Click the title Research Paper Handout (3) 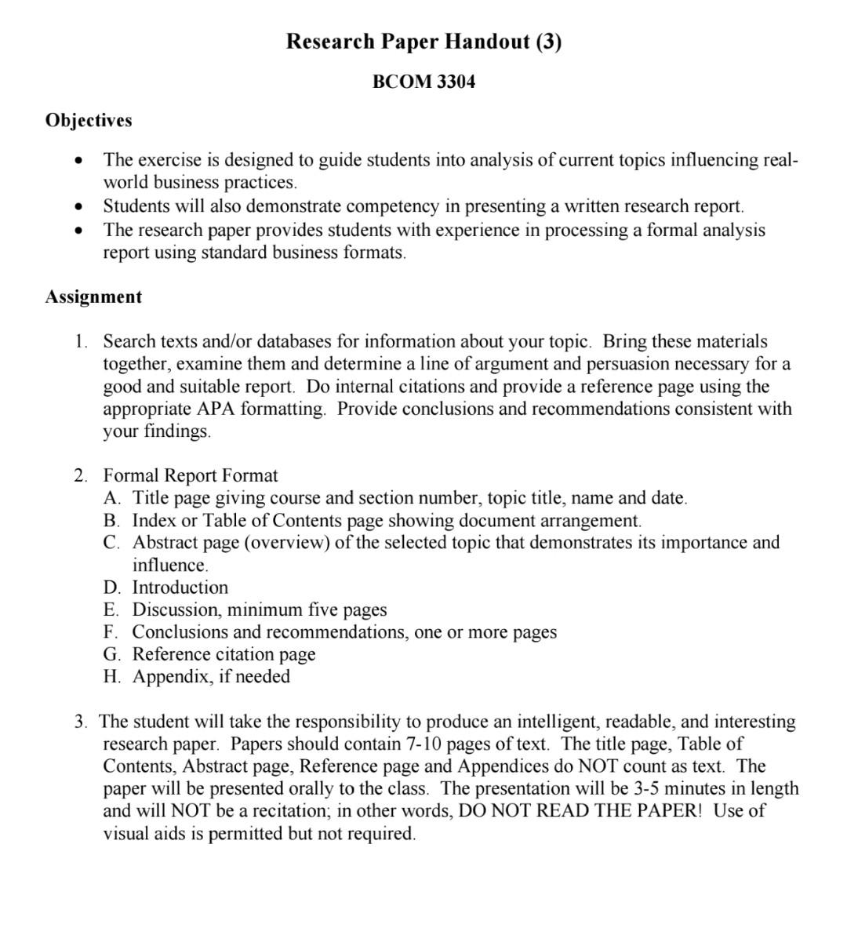point(423,42)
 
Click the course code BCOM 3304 point(423,82)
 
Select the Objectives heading point(89,120)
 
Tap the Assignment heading point(93,297)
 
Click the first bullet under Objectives point(77,161)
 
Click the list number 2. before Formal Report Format point(81,475)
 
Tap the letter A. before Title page point(111,498)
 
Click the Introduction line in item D point(180,588)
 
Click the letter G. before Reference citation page point(111,654)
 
